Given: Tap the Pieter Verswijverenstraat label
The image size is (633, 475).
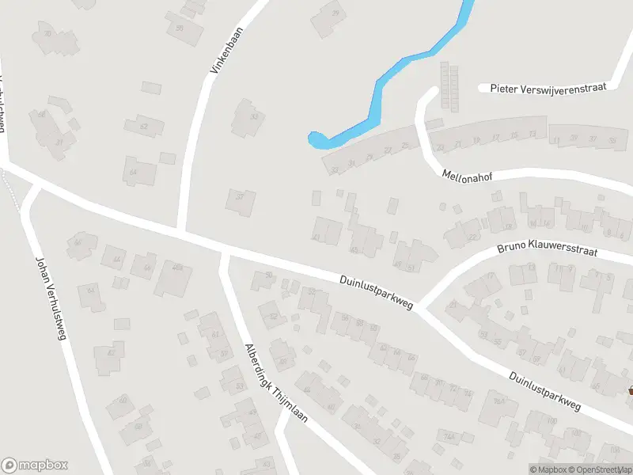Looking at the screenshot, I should pyautogui.click(x=548, y=87).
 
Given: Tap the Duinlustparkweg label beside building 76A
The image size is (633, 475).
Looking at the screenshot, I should pyautogui.click(x=544, y=392).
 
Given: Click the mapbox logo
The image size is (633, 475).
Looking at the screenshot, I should pyautogui.click(x=34, y=465).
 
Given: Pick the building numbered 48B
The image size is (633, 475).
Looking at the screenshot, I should pyautogui.click(x=176, y=268).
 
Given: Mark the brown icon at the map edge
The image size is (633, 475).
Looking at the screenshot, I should pyautogui.click(x=631, y=390).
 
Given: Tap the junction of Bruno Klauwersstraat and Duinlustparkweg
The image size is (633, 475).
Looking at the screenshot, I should pyautogui.click(x=420, y=306).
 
